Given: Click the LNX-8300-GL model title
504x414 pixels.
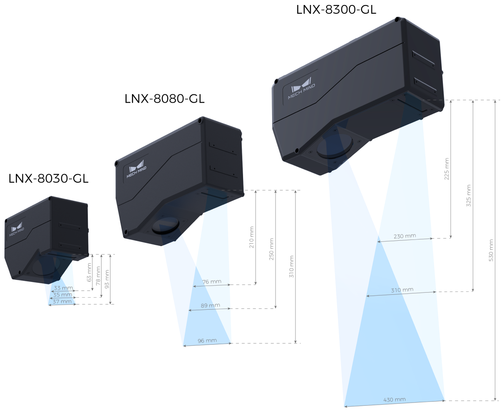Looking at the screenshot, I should tap(336, 9).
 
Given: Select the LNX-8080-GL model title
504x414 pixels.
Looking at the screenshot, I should tap(164, 99).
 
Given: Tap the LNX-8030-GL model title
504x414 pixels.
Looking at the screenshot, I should tap(48, 179).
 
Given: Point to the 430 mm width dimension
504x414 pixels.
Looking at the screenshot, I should tap(394, 399).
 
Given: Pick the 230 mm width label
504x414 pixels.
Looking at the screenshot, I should tap(405, 236).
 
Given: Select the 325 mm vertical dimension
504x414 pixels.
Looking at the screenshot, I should tap(469, 196).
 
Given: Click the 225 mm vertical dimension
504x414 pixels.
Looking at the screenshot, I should tap(447, 168).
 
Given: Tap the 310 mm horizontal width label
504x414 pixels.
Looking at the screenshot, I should tap(402, 290).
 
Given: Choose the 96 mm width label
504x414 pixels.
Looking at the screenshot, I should tap(207, 340).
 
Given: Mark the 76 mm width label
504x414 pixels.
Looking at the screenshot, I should tap(211, 282).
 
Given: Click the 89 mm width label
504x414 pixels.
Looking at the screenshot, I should tap(210, 306).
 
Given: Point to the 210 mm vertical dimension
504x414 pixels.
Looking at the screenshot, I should tap(251, 237).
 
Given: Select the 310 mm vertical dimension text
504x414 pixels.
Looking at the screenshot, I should tap(291, 266).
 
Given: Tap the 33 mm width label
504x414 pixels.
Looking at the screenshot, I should tap(63, 288).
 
